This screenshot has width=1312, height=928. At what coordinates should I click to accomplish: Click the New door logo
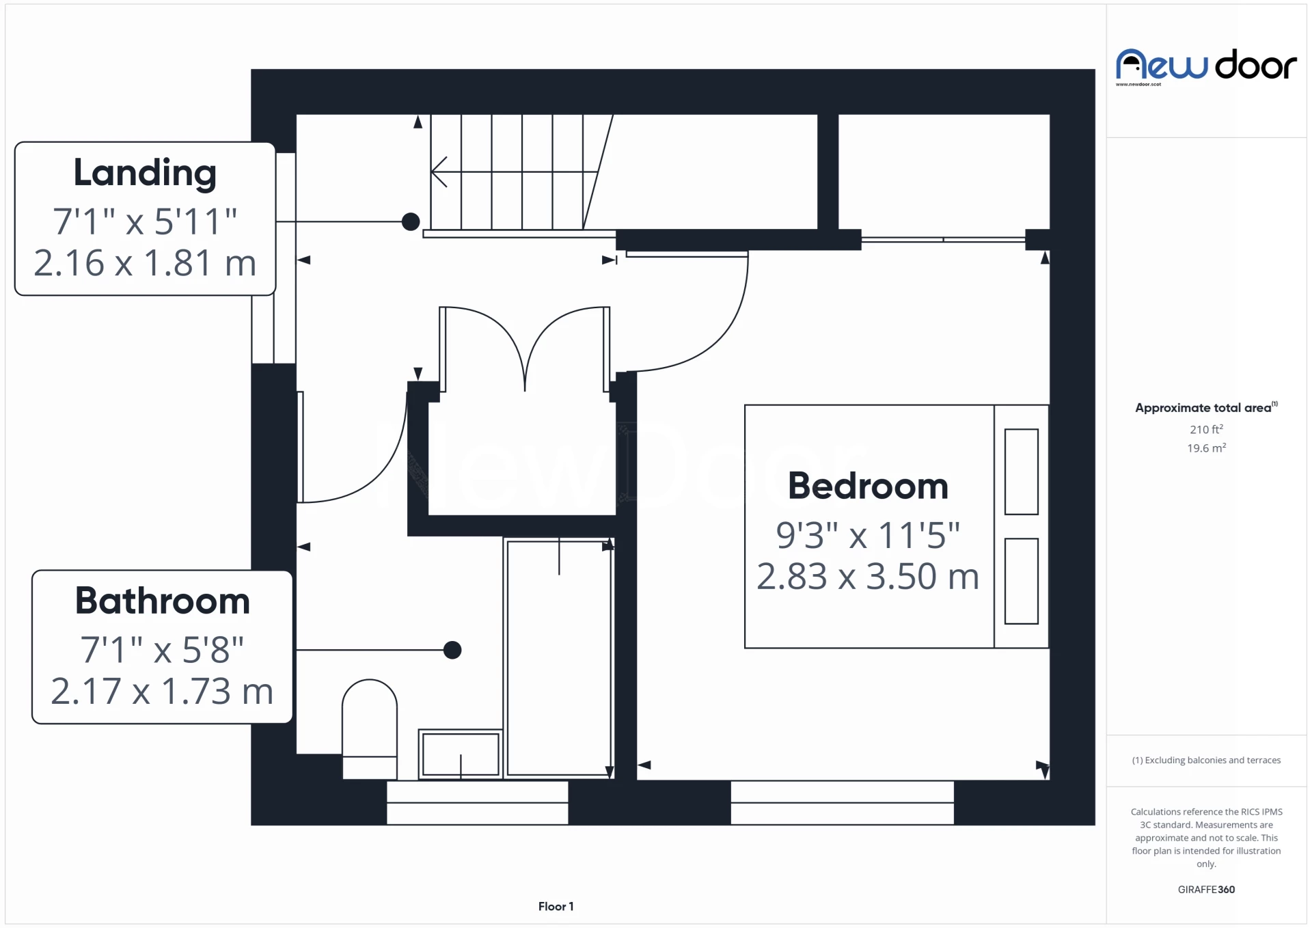[1206, 66]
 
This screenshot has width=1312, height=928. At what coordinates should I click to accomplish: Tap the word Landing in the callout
[145, 174]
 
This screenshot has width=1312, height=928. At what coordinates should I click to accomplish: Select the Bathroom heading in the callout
[163, 601]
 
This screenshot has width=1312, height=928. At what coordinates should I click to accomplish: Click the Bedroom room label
[868, 487]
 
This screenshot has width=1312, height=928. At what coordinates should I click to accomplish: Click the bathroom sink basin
[461, 754]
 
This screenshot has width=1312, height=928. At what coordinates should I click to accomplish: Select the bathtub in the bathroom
[559, 657]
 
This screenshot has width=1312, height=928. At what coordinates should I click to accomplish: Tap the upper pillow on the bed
[1021, 472]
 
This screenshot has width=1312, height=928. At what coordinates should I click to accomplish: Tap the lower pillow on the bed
[1021, 581]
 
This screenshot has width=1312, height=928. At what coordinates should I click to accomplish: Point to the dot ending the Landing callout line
[411, 221]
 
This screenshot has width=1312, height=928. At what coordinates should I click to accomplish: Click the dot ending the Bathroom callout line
[452, 650]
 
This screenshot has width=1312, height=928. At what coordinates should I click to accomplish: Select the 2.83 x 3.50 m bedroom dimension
[868, 577]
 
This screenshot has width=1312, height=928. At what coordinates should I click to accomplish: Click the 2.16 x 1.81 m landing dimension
[145, 263]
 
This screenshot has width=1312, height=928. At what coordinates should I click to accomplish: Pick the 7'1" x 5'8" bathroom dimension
[163, 650]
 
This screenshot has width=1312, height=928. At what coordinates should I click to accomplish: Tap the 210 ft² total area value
[1206, 429]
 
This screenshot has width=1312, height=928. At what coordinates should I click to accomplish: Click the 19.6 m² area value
[1206, 448]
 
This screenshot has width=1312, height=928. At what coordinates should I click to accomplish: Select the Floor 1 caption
[556, 906]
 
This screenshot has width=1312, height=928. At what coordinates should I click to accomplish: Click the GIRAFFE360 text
[1206, 889]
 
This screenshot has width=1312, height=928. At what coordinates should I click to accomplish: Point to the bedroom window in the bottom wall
[842, 802]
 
